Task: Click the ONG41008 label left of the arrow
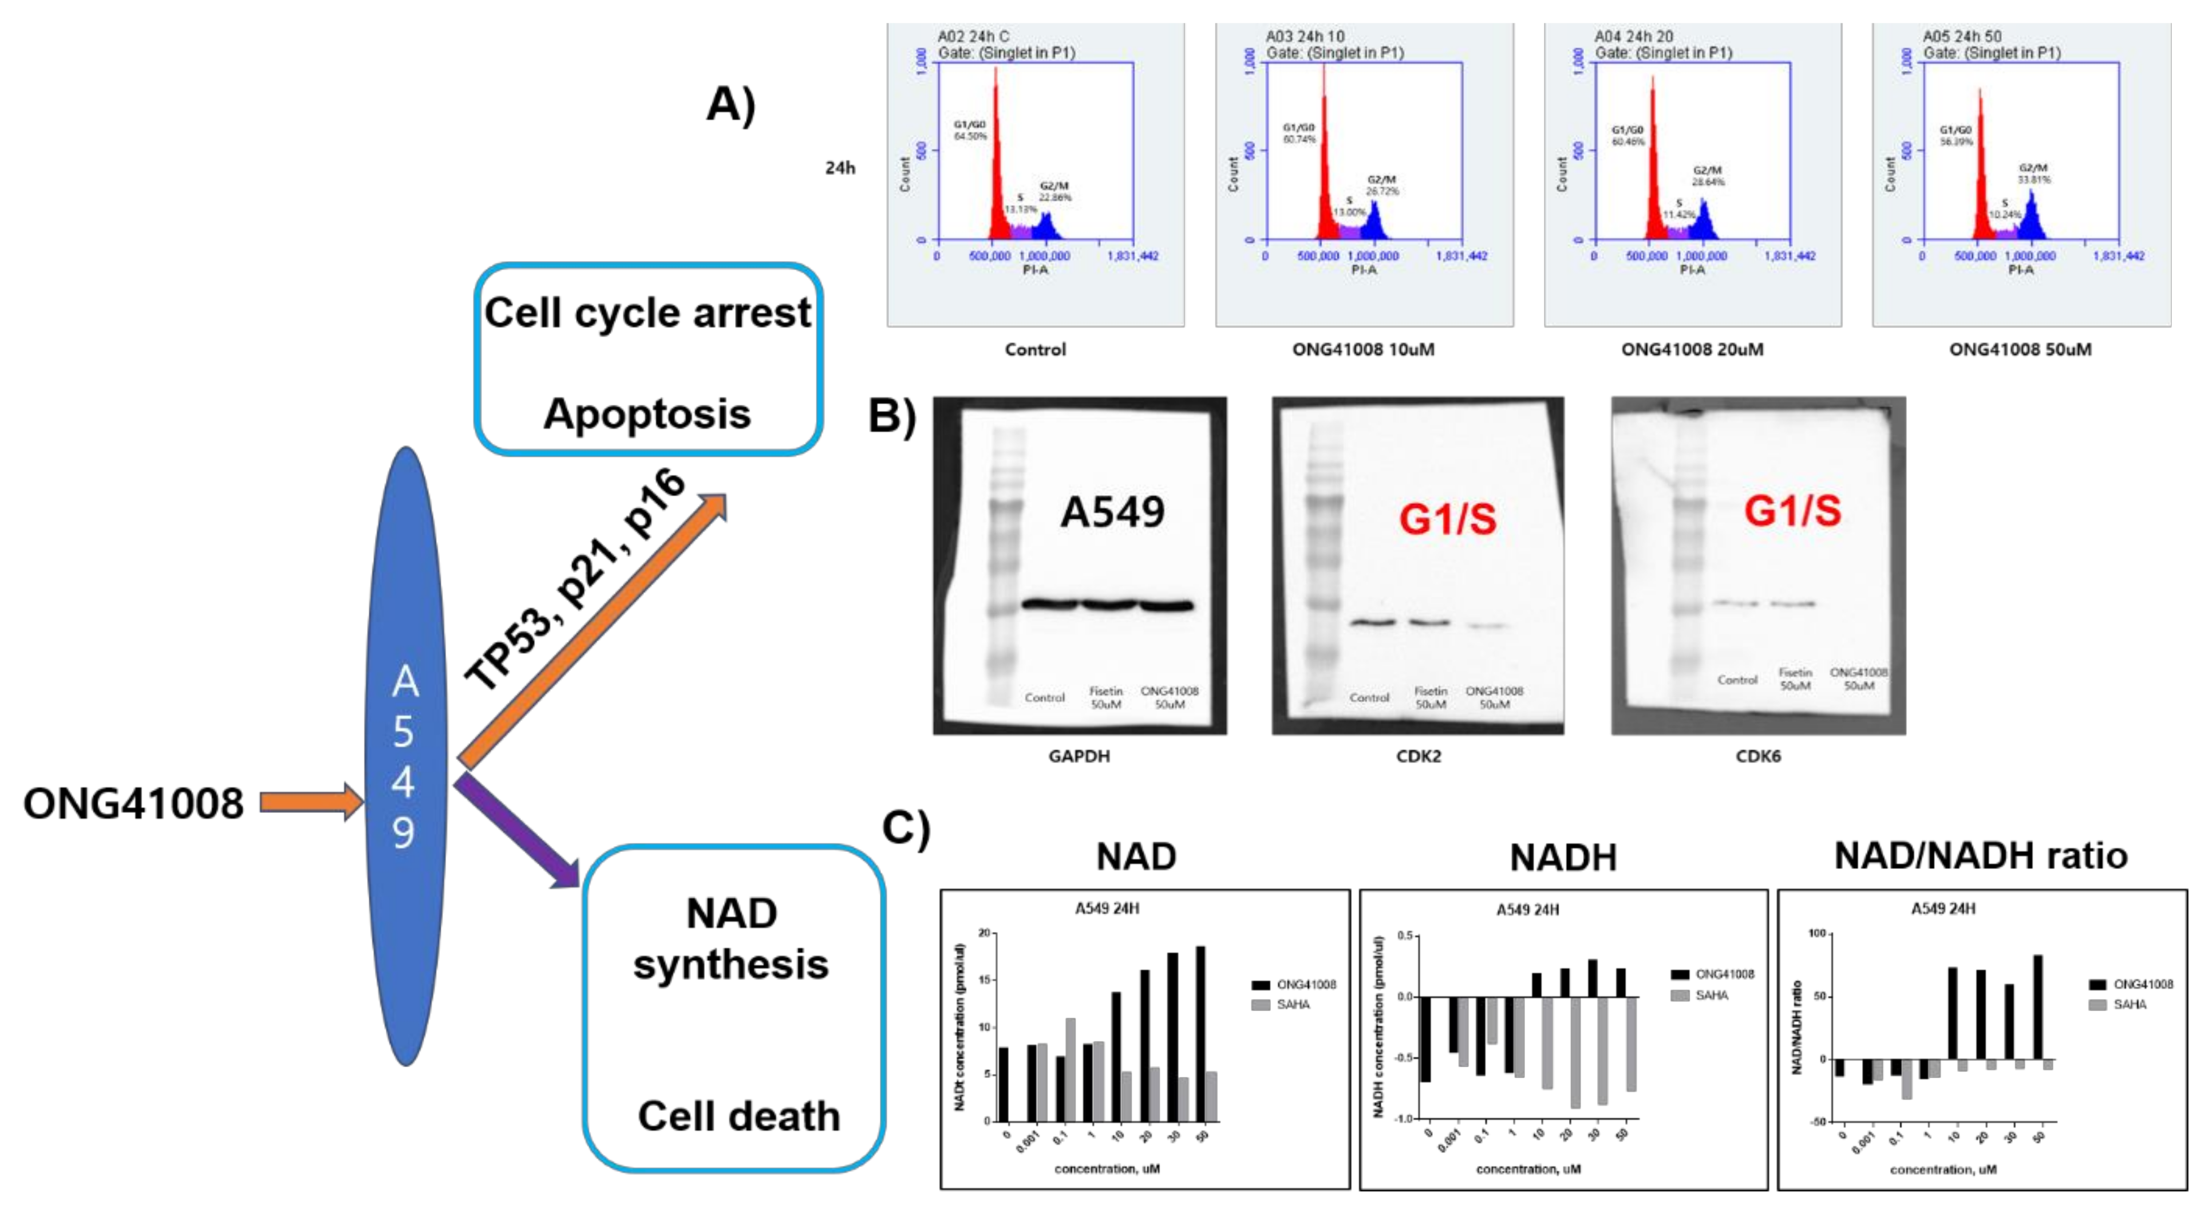coord(133,804)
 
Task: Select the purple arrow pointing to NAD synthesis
coord(515,830)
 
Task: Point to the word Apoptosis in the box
coord(647,414)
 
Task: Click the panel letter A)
coord(730,105)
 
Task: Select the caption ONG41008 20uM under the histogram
coord(1692,349)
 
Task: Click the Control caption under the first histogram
coord(1035,349)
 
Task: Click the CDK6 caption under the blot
coord(1757,756)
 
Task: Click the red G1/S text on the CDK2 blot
coord(1448,519)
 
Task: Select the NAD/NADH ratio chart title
coord(1980,855)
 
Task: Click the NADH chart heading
coord(1563,857)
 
